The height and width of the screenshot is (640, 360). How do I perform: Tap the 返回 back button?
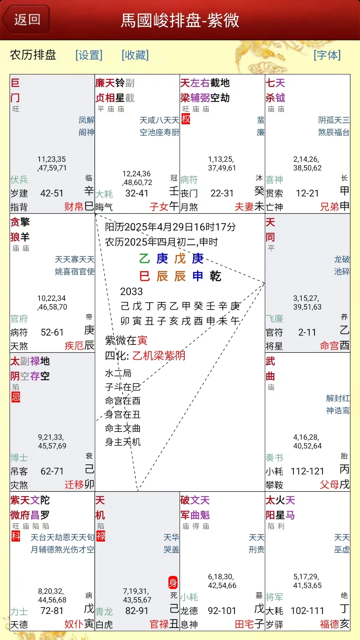coord(26,20)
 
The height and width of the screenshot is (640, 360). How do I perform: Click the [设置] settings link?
coord(89,55)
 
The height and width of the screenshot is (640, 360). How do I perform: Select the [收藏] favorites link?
coord(135,55)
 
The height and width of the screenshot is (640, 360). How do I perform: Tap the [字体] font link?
coord(327,55)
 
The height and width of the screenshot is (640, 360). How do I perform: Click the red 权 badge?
coord(186,119)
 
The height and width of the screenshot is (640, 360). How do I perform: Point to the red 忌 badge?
coord(16,397)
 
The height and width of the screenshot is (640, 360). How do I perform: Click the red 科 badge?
coord(16,536)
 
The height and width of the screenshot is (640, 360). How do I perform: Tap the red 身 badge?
coord(172,582)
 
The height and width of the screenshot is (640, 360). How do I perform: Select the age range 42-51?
coord(52,193)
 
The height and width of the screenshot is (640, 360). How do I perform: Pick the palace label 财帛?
coord(74,206)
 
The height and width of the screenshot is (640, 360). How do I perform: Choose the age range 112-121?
coord(308,471)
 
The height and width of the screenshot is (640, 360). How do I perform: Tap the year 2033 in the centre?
coord(131,292)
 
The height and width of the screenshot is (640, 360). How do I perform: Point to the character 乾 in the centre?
coord(215,276)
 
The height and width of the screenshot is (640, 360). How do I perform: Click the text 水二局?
coord(118,373)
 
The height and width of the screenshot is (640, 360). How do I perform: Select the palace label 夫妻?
coord(244,206)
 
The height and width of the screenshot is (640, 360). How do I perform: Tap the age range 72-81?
coord(52,610)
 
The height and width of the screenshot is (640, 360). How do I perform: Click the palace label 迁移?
coord(74,484)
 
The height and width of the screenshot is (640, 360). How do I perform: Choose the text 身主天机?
coord(123,442)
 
